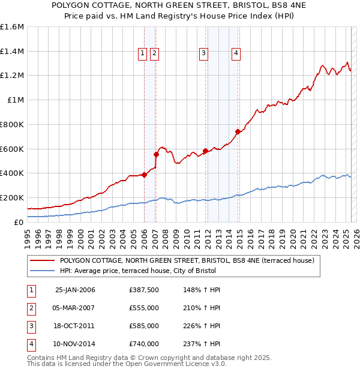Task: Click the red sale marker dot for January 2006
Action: coord(144,175)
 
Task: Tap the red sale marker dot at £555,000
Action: coord(156,154)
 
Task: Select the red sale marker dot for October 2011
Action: coord(206,151)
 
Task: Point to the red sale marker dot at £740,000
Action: coord(238,131)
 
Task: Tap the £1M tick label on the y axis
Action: coord(16,100)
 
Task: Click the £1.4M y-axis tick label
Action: coord(12,51)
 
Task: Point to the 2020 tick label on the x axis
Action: coord(293,239)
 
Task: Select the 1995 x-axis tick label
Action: coord(27,239)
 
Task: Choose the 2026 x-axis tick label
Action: coord(356,239)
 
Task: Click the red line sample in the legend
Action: coord(42,260)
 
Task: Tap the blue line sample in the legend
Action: coord(42,271)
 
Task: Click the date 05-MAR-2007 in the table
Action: coord(74,308)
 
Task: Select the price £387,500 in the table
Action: coord(144,290)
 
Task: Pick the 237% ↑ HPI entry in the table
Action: coord(202,344)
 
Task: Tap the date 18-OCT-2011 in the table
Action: coord(74,326)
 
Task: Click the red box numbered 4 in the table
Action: coord(32,345)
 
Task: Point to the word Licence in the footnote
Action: coord(196,364)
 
